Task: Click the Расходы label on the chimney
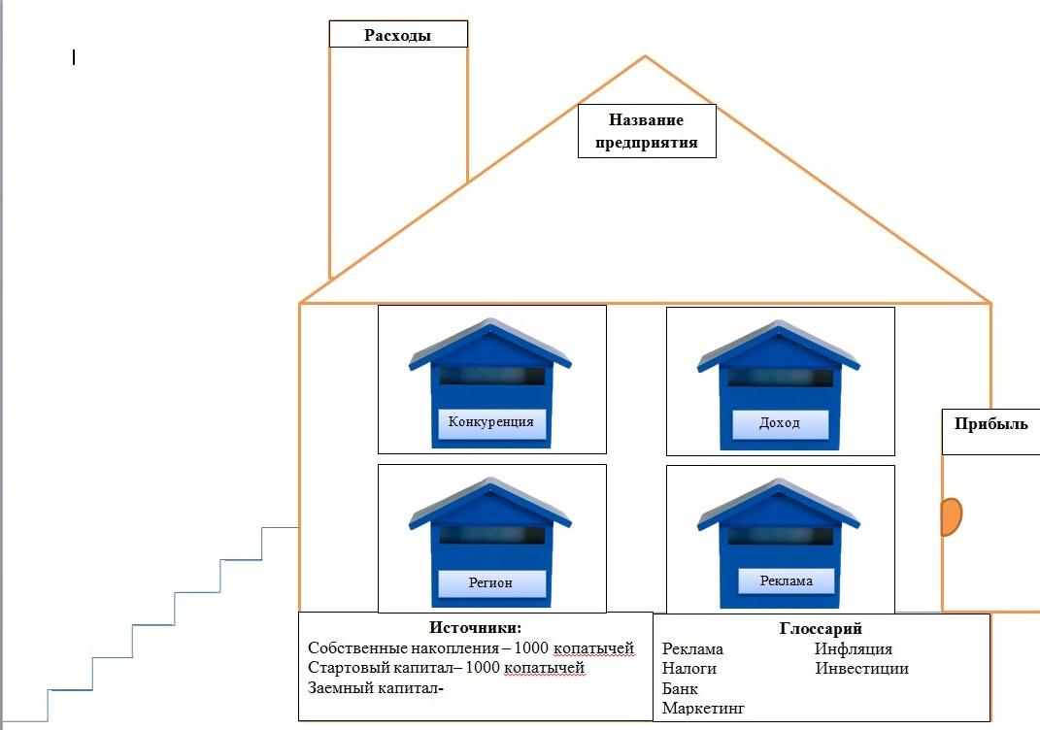click(397, 35)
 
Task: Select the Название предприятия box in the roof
click(647, 131)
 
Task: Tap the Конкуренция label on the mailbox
click(490, 421)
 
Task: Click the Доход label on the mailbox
click(780, 423)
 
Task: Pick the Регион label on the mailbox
click(490, 582)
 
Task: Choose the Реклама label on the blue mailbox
click(786, 581)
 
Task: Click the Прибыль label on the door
click(990, 424)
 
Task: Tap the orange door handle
click(952, 516)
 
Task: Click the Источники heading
click(475, 627)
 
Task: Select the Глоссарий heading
click(821, 628)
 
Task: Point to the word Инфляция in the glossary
click(853, 648)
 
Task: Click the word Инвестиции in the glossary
click(861, 668)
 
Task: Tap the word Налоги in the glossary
click(689, 668)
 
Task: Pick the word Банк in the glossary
click(680, 688)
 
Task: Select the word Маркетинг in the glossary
click(703, 708)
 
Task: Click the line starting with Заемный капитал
click(376, 687)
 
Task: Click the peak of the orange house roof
click(645, 56)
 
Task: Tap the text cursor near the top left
click(74, 57)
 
